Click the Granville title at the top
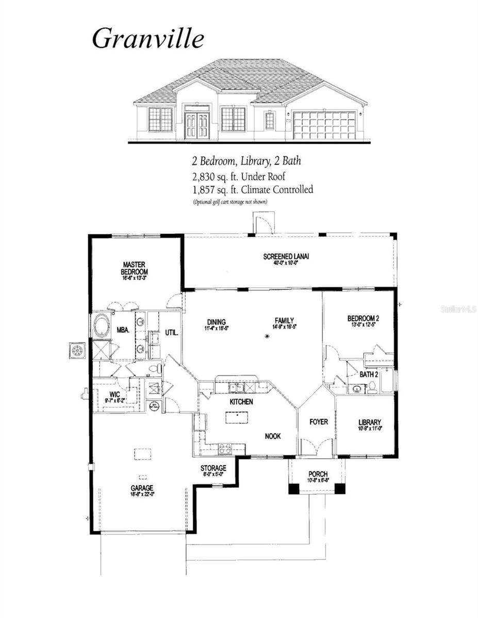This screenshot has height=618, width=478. (148, 39)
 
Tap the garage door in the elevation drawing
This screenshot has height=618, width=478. (324, 125)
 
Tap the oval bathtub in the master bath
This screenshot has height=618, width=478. (101, 325)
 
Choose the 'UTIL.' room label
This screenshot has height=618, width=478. (171, 333)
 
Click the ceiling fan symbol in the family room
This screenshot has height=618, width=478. (267, 337)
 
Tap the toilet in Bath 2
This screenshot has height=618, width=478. (372, 387)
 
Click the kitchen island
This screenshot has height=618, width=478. (236, 417)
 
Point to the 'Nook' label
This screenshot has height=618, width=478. (273, 436)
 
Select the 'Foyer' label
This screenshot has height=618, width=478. (318, 422)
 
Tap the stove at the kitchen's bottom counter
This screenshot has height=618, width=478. (224, 448)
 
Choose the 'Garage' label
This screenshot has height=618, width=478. (142, 488)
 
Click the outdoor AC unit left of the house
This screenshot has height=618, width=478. (77, 350)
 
